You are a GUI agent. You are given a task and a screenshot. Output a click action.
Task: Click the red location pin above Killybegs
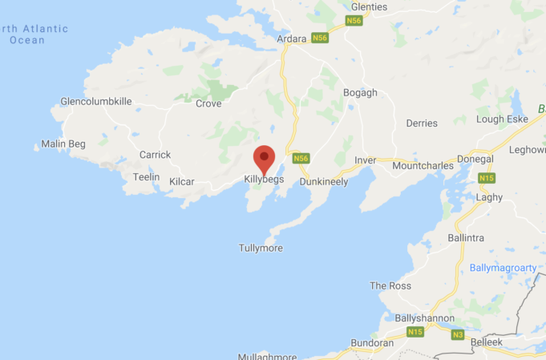tap(264, 157)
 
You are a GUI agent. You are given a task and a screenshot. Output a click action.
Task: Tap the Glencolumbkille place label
tap(95, 102)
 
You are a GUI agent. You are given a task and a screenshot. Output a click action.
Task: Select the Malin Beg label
tap(63, 144)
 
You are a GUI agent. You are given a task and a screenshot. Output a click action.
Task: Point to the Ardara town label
tap(292, 38)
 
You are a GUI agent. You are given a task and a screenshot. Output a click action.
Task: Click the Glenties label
tap(369, 7)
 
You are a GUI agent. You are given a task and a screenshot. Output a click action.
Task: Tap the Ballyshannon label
tap(425, 318)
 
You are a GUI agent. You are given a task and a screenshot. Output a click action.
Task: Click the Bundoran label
tap(372, 343)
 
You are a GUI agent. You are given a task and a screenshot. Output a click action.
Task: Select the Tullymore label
tap(261, 248)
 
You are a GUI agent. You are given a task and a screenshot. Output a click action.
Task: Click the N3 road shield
tap(458, 334)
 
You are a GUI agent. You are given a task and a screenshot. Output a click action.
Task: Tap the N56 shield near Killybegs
tap(301, 159)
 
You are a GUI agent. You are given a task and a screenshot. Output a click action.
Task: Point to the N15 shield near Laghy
tap(486, 178)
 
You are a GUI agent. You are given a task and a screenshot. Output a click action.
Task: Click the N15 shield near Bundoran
tap(415, 332)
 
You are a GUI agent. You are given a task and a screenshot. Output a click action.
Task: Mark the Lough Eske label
tap(501, 119)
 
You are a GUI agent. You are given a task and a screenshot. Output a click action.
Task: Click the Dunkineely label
tap(324, 182)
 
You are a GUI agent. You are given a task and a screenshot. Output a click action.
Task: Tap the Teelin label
tap(146, 177)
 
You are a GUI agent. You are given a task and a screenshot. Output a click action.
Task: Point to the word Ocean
tap(27, 40)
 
